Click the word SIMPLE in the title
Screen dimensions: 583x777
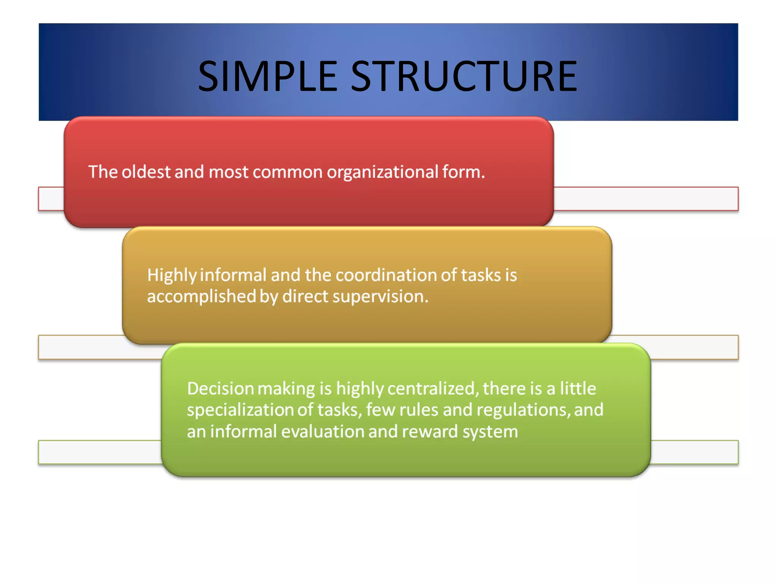point(267,77)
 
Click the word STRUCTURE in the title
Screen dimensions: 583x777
point(464,77)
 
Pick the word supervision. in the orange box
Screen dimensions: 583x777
point(381,297)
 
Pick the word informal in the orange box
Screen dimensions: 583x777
point(233,275)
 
